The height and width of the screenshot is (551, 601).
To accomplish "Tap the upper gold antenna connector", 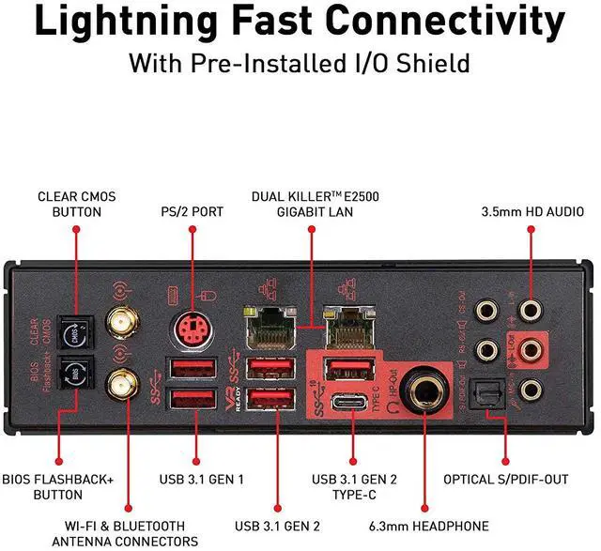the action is point(121,325).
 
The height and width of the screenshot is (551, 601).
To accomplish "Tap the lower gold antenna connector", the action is point(121,382).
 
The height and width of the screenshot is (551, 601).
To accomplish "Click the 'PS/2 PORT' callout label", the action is point(192,212).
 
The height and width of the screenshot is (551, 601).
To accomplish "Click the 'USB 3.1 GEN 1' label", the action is point(201,480).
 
